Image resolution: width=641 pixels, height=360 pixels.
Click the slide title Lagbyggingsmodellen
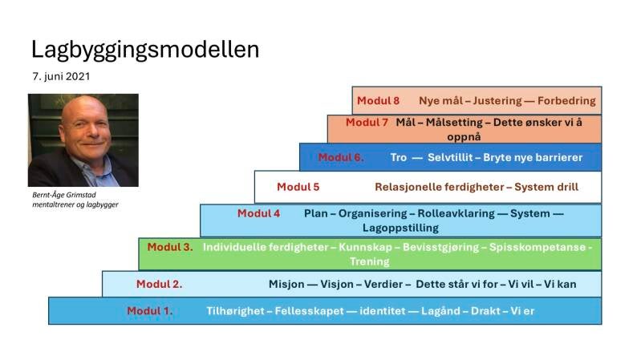[145, 51]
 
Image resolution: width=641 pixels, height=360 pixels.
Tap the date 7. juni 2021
[61, 76]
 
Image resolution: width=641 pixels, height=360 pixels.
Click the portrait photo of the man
[83, 140]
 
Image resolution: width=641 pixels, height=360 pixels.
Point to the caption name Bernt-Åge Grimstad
[64, 195]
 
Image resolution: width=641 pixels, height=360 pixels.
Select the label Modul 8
[378, 100]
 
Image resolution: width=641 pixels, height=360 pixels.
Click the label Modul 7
[367, 122]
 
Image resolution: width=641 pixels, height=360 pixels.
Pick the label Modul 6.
[341, 157]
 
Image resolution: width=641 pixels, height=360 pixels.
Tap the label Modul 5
[298, 187]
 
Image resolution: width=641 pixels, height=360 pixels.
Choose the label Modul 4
[259, 213]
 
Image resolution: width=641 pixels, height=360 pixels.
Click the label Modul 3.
[170, 247]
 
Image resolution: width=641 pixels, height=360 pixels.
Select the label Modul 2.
[160, 284]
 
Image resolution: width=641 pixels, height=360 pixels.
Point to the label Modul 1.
[150, 311]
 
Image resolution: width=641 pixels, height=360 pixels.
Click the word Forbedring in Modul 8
[566, 101]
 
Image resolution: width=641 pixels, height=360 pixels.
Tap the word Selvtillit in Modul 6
[450, 157]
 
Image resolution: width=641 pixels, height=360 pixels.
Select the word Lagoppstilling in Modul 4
[400, 228]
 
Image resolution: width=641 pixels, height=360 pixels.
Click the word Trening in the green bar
[370, 262]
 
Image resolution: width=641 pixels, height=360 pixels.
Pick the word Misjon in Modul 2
[286, 285]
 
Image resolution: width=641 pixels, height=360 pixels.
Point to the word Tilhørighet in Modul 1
[236, 311]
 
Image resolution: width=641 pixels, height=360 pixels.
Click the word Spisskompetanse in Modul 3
[538, 248]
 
